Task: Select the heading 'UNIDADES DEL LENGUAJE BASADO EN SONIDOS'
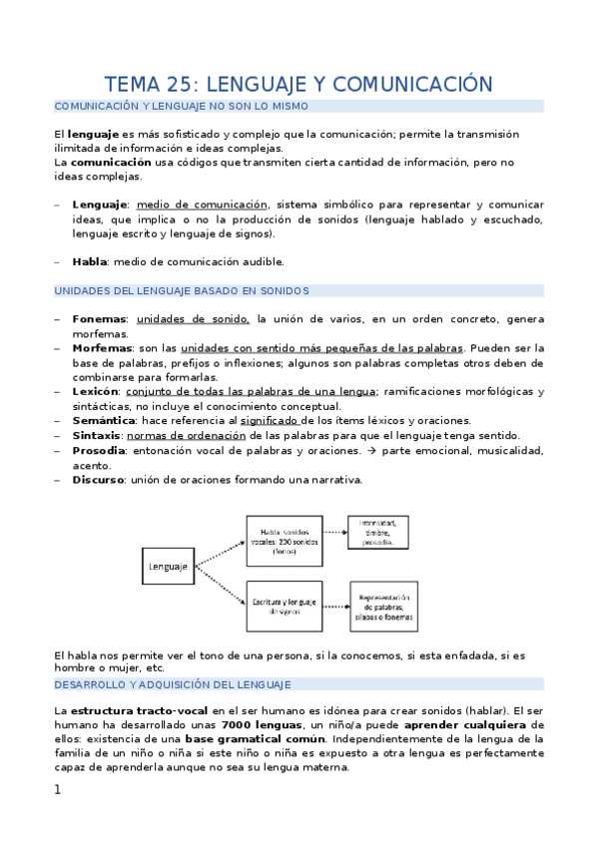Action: [x=181, y=290]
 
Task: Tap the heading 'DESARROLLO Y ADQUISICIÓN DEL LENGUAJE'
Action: [x=172, y=684]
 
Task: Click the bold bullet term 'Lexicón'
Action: [x=97, y=391]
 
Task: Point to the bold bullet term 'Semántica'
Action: [x=105, y=421]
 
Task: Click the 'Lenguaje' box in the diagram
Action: [x=168, y=567]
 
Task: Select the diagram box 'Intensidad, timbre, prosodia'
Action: [x=384, y=532]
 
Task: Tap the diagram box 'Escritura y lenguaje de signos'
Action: [x=285, y=606]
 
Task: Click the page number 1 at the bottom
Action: [x=58, y=790]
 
